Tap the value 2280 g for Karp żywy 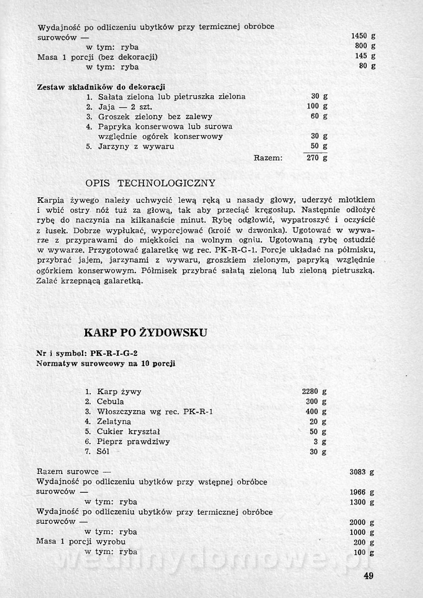[314, 391]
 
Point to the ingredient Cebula [111, 402]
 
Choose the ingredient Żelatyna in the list [115, 422]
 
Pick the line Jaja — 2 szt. [122, 107]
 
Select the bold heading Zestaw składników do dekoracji [101, 86]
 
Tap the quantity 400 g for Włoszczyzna [316, 412]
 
